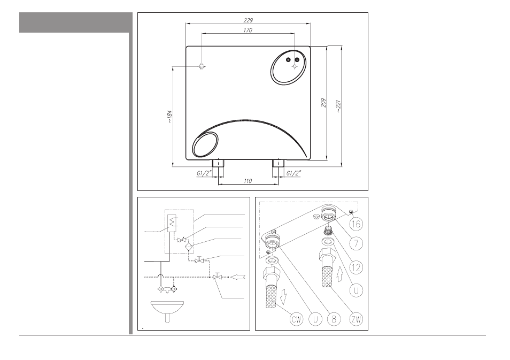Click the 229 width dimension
tap(248, 20)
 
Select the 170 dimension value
tap(248, 30)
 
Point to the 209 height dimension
tap(323, 103)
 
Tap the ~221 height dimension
tap(338, 106)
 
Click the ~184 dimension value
tap(169, 117)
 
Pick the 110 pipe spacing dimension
tap(248, 181)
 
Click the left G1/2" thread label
tap(204, 173)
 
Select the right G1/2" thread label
tap(293, 173)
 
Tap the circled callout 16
tap(356, 224)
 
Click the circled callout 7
tap(356, 243)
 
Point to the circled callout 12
tap(356, 267)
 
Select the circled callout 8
tap(334, 319)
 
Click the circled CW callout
tap(296, 319)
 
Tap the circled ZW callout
tap(356, 319)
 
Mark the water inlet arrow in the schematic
tap(237, 277)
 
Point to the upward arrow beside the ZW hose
tap(340, 274)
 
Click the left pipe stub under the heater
tap(218, 163)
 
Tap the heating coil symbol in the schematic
tap(172, 221)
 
